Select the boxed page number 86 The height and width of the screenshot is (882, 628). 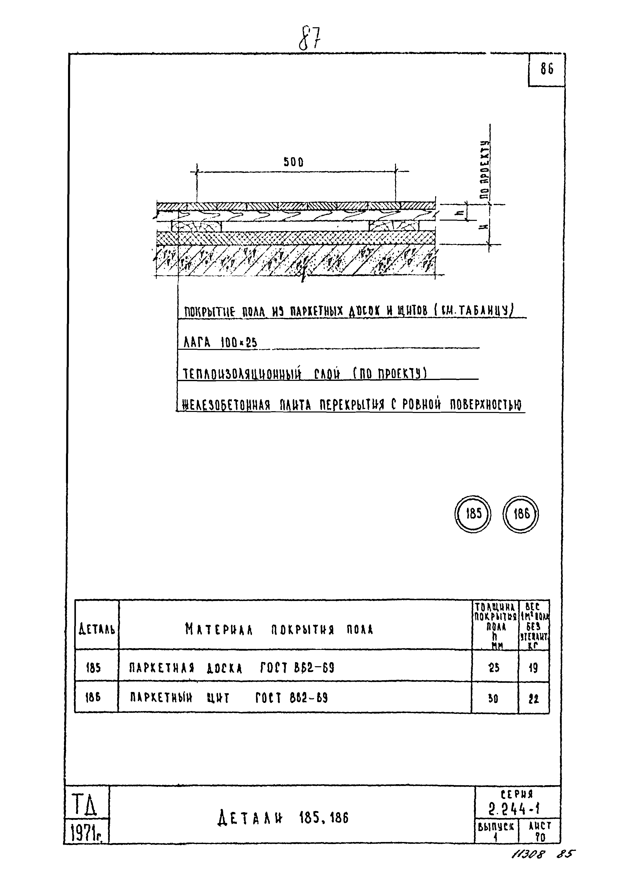pyautogui.click(x=547, y=69)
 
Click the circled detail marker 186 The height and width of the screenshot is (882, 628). pyautogui.click(x=520, y=514)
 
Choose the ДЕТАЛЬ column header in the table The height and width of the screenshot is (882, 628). pyautogui.click(x=97, y=630)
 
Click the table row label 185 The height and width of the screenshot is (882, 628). pyautogui.click(x=93, y=668)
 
